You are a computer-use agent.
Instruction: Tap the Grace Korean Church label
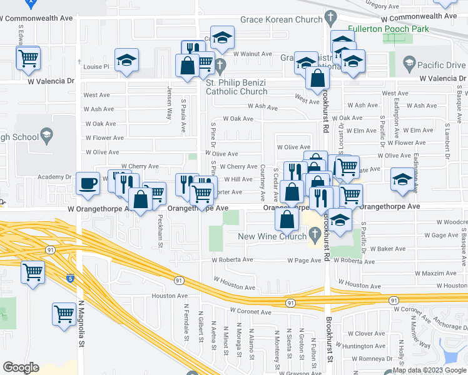[283, 19]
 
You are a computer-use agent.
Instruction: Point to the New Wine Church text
[272, 236]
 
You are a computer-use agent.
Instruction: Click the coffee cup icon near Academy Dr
[88, 183]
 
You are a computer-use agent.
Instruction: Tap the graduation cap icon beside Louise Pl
[127, 61]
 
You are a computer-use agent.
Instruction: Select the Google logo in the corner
[21, 367]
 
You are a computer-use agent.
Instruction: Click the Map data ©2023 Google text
[429, 370]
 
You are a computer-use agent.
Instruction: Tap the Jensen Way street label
[169, 103]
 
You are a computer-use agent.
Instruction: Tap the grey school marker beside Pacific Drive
[409, 63]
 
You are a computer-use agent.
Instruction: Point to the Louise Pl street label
[96, 67]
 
